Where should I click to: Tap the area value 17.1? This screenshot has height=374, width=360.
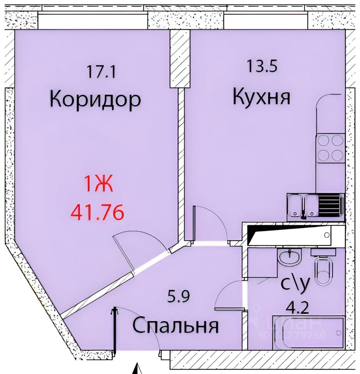pyautogui.click(x=100, y=72)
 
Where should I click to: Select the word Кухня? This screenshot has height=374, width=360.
pyautogui.click(x=261, y=97)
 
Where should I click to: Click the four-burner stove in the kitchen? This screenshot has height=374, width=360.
pyautogui.click(x=330, y=148)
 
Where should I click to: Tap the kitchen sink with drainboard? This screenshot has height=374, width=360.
pyautogui.click(x=316, y=206)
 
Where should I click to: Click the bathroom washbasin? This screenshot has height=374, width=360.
pyautogui.click(x=290, y=257)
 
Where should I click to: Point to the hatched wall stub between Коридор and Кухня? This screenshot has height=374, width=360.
pyautogui.click(x=179, y=58)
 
